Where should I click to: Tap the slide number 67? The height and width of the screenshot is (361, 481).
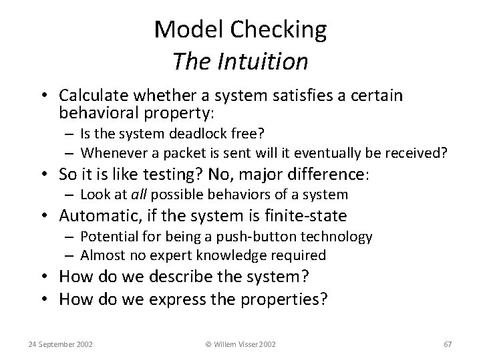(448, 344)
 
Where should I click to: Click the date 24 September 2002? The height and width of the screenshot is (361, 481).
(60, 344)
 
